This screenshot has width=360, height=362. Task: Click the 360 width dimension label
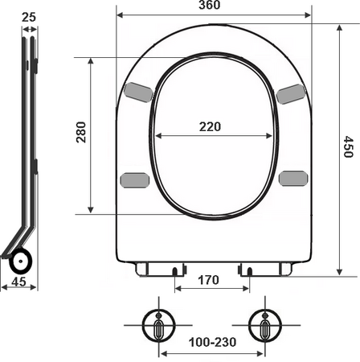click(x=210, y=5)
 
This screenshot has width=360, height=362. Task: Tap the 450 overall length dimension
click(x=349, y=146)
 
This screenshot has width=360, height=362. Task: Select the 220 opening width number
click(x=210, y=126)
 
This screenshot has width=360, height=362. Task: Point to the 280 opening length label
click(x=81, y=132)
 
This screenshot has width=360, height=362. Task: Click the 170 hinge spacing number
click(x=208, y=280)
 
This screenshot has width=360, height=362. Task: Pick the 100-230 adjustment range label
click(x=213, y=342)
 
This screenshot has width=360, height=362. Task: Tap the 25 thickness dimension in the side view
click(x=29, y=18)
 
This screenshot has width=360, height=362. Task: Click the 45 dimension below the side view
click(x=19, y=282)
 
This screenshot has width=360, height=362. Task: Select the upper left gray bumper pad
click(x=139, y=93)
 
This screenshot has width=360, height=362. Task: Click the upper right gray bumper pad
click(x=291, y=94)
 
